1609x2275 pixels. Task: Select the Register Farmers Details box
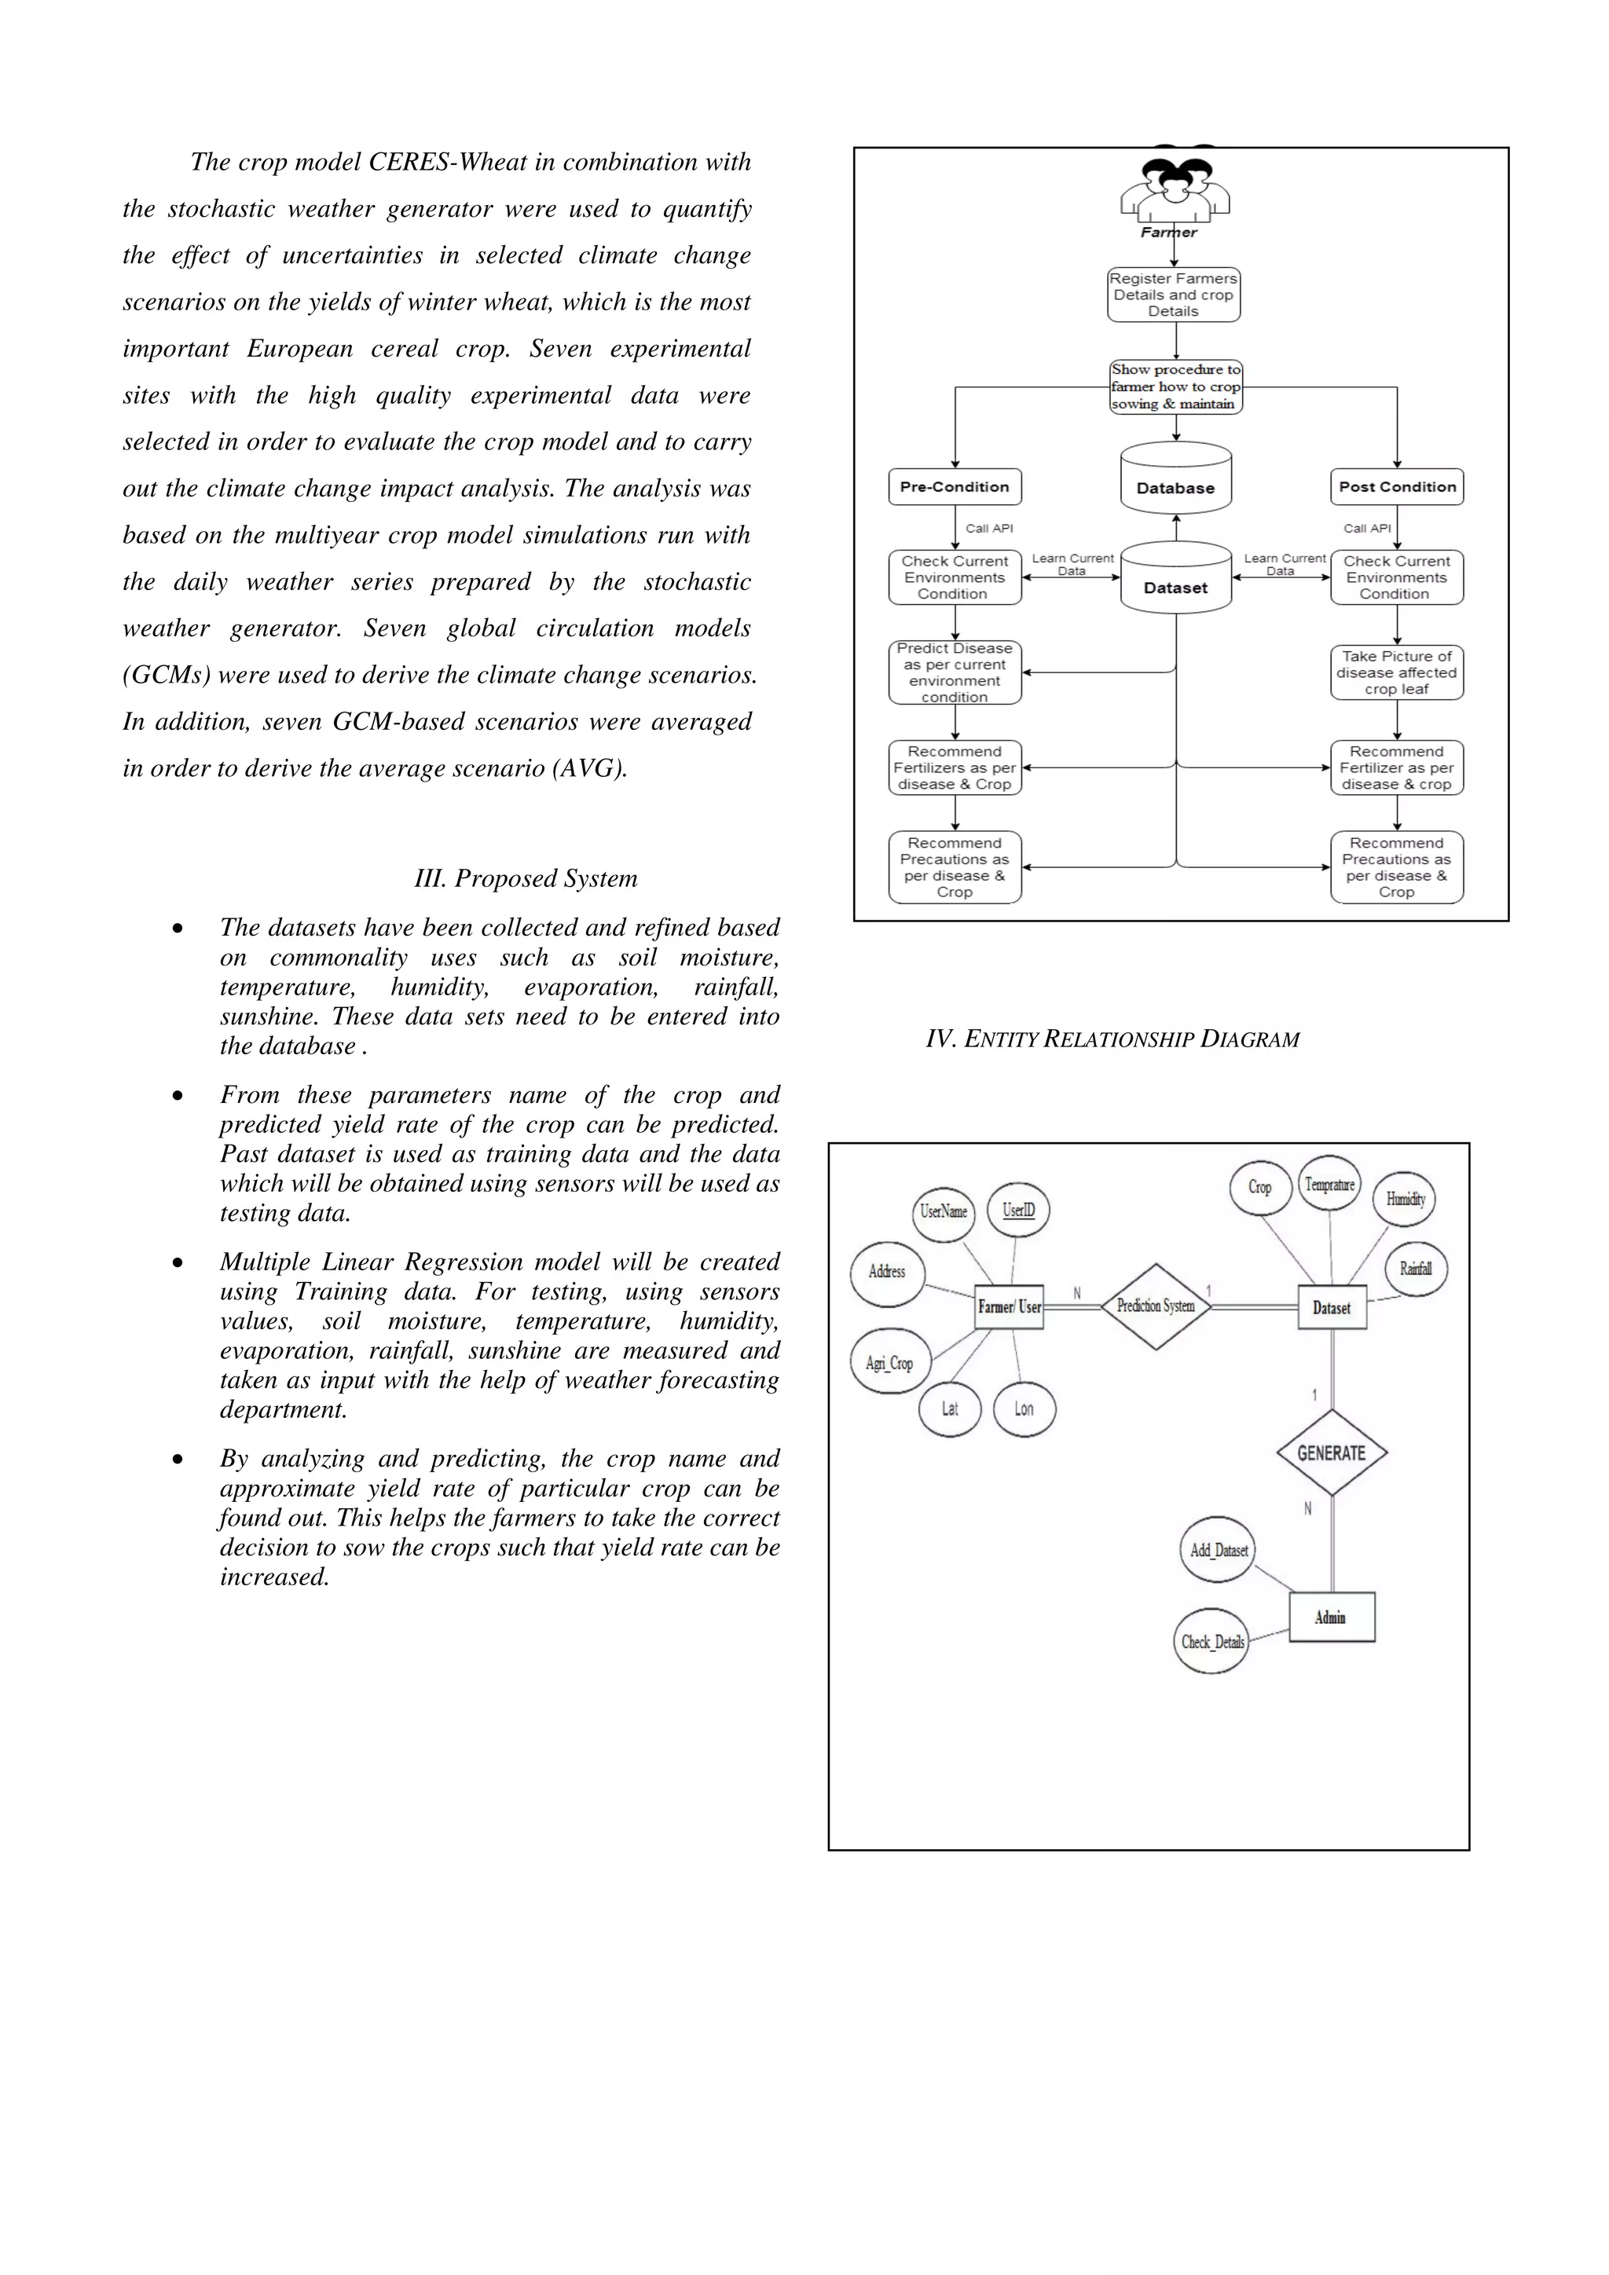(x=1174, y=295)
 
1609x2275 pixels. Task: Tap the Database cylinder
(x=1176, y=479)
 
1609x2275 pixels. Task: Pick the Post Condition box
(x=1397, y=486)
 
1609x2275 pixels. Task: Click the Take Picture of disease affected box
(x=1397, y=672)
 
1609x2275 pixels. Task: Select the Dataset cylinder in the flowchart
(x=1176, y=579)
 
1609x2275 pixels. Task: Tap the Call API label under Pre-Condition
(x=989, y=528)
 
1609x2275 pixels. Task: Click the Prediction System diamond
(x=1156, y=1306)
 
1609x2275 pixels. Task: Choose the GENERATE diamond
(x=1332, y=1453)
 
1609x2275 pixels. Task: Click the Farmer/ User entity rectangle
(x=1010, y=1307)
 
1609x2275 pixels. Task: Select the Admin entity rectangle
(x=1332, y=1617)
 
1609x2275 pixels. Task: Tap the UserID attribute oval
(x=1018, y=1210)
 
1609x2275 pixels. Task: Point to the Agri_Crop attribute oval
(x=889, y=1362)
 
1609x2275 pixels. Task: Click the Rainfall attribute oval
(x=1416, y=1268)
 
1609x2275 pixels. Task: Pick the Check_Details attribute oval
(x=1211, y=1642)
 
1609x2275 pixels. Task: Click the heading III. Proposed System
(x=526, y=879)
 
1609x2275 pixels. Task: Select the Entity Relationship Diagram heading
(x=1112, y=1039)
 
